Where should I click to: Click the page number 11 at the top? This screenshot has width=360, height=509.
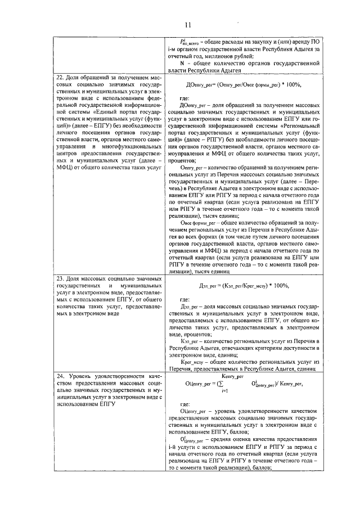[187, 24]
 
